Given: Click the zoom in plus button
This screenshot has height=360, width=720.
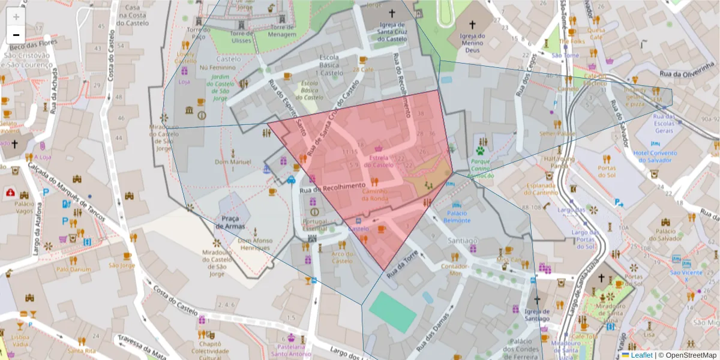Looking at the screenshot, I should (16, 17).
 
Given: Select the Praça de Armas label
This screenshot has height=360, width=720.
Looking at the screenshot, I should (229, 221).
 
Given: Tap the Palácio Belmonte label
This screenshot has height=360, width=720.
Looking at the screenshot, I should (457, 217).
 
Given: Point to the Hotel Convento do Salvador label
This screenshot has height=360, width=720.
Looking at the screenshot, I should (655, 157).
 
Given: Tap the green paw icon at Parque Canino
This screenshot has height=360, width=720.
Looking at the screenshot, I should (480, 151).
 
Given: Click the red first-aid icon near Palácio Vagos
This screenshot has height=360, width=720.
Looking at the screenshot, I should (10, 193).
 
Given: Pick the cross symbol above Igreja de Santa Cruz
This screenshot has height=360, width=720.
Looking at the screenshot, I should (392, 13).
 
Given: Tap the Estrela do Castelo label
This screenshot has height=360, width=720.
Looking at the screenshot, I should (379, 161).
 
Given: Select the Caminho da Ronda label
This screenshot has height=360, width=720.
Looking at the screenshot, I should (374, 194).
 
